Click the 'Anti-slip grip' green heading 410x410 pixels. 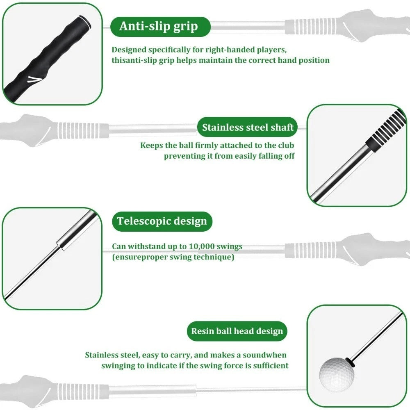pos(160,27)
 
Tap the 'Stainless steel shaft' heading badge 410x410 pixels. pos(247,127)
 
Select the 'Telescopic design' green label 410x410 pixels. pos(162,221)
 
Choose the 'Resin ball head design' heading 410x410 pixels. pos(237,331)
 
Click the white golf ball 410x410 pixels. pos(337,374)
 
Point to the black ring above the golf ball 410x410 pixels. pos(350,361)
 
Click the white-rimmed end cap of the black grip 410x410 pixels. pos(85,22)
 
